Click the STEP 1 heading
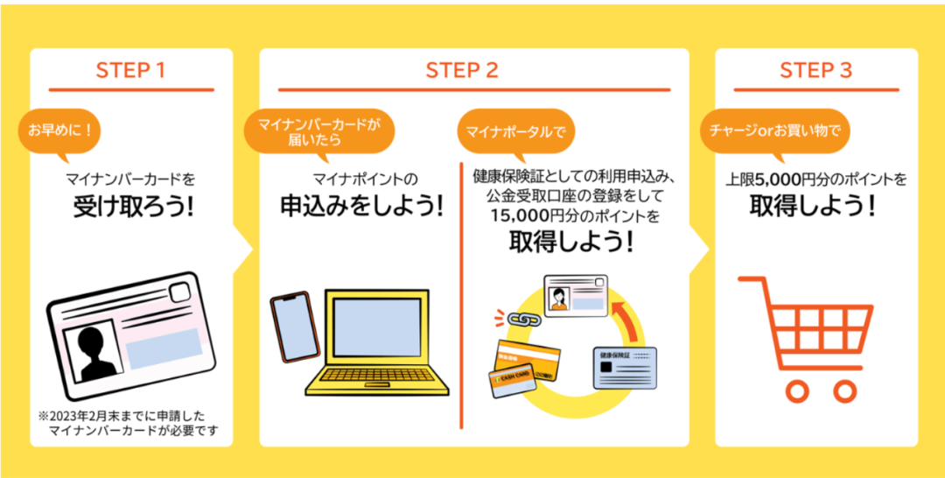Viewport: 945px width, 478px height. click(x=131, y=71)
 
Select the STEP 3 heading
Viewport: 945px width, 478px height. click(x=815, y=71)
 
